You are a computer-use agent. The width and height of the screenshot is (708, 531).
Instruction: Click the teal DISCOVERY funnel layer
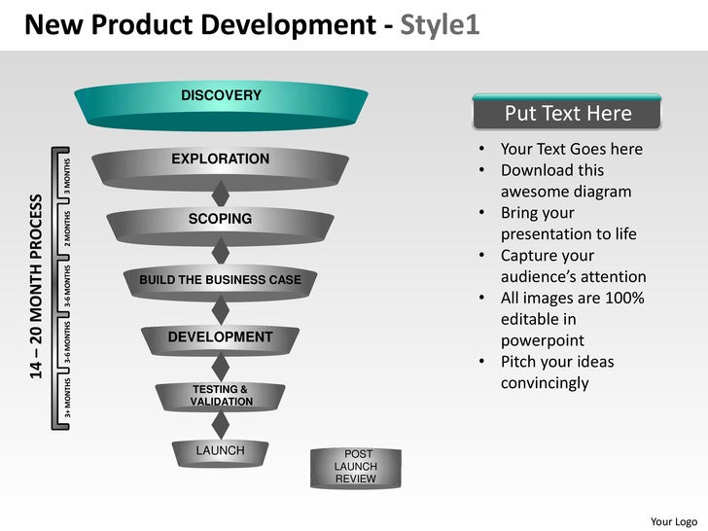pyautogui.click(x=221, y=105)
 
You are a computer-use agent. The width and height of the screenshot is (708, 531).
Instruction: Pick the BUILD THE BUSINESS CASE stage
pyautogui.click(x=221, y=281)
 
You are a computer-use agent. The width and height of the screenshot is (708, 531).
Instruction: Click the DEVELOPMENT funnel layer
pyautogui.click(x=221, y=337)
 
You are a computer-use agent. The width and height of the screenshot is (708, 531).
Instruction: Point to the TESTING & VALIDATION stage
pyautogui.click(x=221, y=396)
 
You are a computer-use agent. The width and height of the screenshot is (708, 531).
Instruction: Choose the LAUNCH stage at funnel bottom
pyautogui.click(x=221, y=452)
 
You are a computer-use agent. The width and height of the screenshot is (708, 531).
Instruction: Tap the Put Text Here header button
pyautogui.click(x=567, y=114)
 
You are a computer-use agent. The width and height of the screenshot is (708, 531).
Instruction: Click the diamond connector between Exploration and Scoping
pyautogui.click(x=221, y=191)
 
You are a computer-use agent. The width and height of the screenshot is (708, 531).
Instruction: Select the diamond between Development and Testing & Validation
pyautogui.click(x=221, y=367)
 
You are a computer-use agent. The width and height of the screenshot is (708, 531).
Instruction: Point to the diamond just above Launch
pyautogui.click(x=221, y=424)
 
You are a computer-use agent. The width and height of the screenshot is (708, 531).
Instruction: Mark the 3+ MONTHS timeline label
pyautogui.click(x=67, y=401)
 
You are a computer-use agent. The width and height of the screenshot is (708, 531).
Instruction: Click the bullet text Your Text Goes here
pyautogui.click(x=571, y=149)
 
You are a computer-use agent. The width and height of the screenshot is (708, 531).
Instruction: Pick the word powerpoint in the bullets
pyautogui.click(x=542, y=340)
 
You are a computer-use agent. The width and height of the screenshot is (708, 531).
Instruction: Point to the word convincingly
pyautogui.click(x=545, y=383)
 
